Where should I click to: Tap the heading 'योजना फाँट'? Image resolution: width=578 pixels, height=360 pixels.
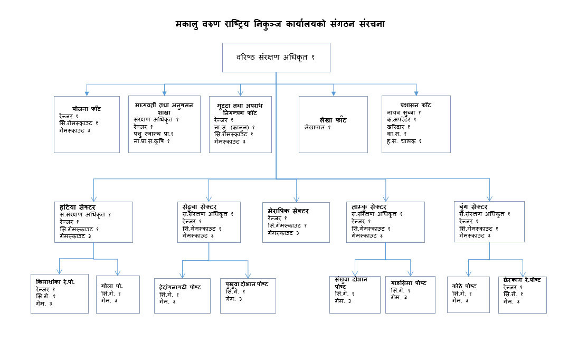pyautogui.click(x=87, y=109)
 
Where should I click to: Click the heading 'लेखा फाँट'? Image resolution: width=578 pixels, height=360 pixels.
pyautogui.click(x=333, y=120)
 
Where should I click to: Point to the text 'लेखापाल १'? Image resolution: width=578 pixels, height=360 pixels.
pyautogui.click(x=318, y=127)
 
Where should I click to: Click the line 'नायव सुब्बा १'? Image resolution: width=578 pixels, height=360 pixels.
pyautogui.click(x=404, y=112)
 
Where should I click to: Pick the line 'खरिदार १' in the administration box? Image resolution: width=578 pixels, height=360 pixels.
pyautogui.click(x=398, y=127)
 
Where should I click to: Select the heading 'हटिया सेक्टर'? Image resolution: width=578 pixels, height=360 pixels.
pyautogui.click(x=77, y=206)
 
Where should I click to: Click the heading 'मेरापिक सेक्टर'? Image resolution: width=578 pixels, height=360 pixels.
pyautogui.click(x=288, y=211)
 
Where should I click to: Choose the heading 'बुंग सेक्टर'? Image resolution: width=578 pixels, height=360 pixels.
pyautogui.click(x=474, y=206)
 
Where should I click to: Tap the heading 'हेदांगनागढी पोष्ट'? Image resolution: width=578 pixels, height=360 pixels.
pyautogui.click(x=180, y=287)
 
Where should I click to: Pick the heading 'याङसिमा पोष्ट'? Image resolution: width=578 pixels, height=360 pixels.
pyautogui.click(x=409, y=283)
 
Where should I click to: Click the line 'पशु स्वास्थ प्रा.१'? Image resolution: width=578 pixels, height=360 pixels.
pyautogui.click(x=154, y=134)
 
